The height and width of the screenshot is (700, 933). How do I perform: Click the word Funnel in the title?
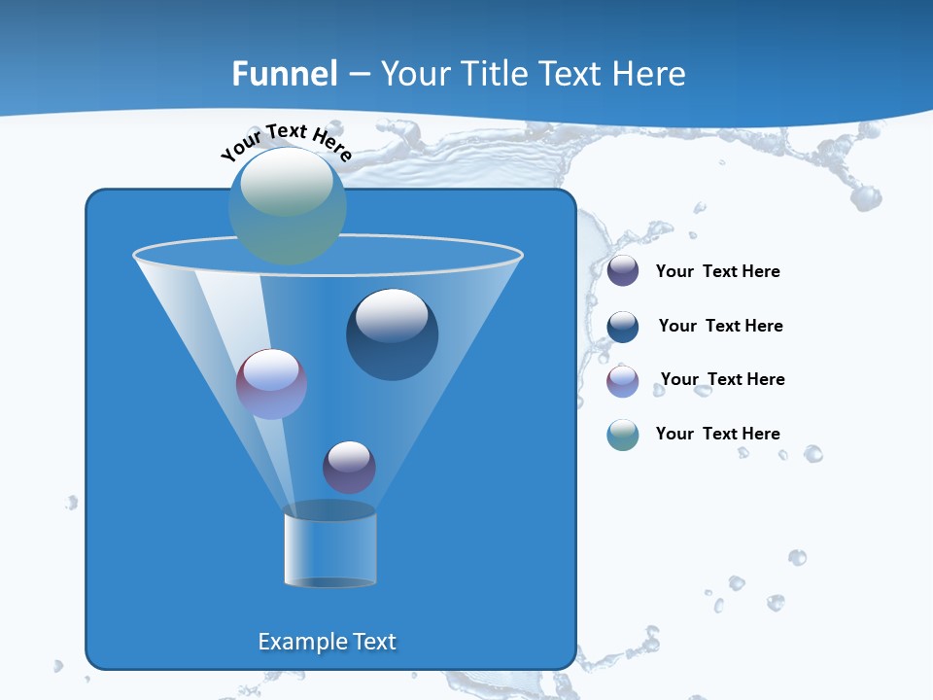point(285,74)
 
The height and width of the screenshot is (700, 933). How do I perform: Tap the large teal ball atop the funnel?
point(288,206)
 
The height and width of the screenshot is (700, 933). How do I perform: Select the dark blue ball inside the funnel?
point(392,335)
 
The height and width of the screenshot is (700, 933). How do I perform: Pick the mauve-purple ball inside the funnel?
point(271,384)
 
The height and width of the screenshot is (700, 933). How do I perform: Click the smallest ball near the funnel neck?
point(349,467)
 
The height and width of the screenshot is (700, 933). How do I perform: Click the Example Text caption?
point(327,642)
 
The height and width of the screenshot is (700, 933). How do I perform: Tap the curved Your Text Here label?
point(287,141)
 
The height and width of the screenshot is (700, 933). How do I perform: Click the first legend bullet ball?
point(623,271)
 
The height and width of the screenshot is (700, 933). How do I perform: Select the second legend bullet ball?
point(623,327)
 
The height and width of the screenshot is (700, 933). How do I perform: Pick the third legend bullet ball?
point(623,381)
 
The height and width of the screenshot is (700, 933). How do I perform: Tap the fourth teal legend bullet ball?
point(623,435)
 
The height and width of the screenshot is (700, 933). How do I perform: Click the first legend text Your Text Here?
point(717,272)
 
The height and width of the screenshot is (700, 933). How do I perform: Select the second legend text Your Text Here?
point(720,326)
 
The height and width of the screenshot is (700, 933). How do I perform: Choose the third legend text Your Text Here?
point(722,379)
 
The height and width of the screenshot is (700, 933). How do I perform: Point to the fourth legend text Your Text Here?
point(717,434)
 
